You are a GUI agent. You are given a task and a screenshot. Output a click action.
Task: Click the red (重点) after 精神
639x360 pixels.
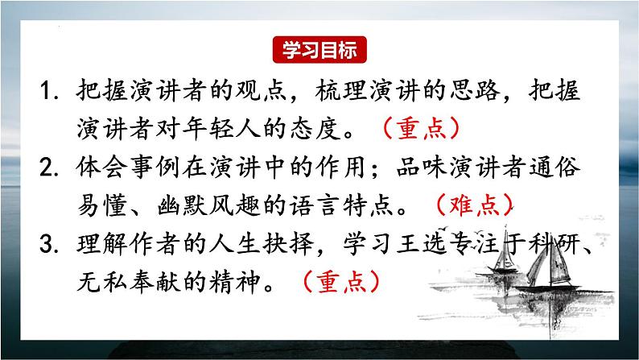(x=339, y=282)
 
